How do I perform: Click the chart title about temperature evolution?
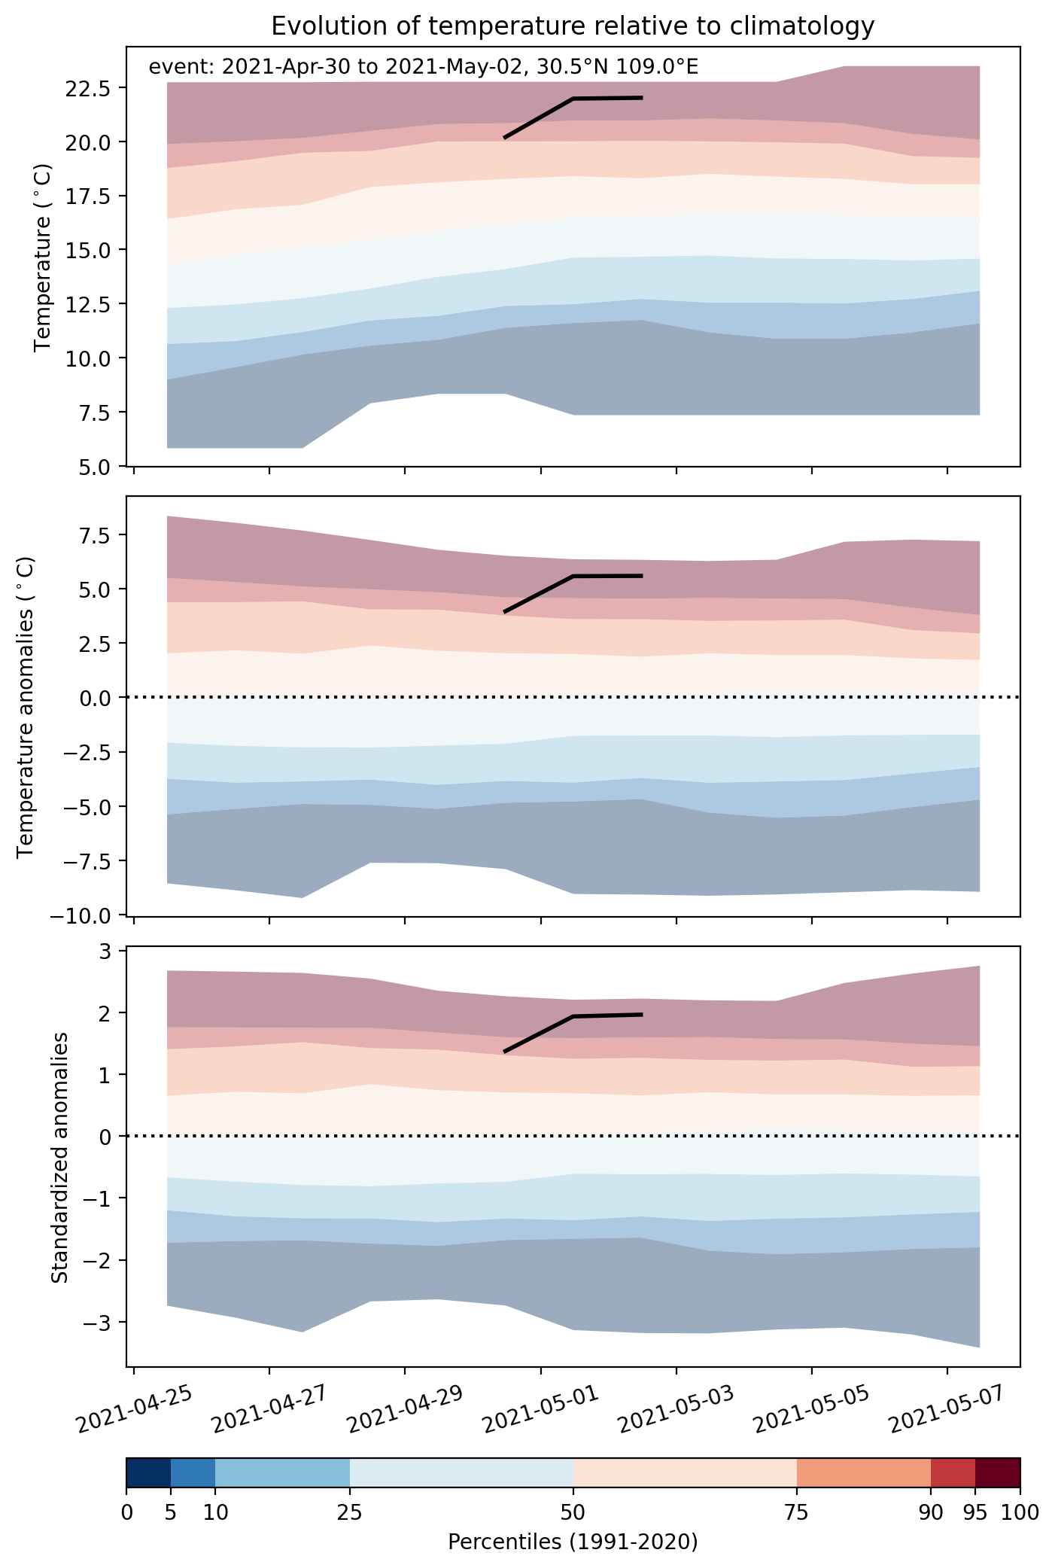573,26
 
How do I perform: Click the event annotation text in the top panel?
424,67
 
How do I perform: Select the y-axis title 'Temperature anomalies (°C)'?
27,706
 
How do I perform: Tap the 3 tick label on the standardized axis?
105,951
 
